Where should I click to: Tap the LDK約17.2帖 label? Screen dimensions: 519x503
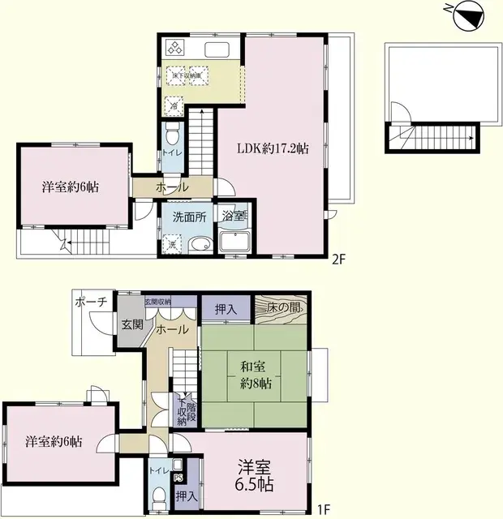[273, 148]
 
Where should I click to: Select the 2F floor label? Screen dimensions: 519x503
[338, 260]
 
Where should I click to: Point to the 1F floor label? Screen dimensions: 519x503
[323, 509]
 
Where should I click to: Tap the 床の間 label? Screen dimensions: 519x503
[285, 309]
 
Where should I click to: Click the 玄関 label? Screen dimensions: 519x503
[132, 324]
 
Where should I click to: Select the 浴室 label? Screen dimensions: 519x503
[234, 217]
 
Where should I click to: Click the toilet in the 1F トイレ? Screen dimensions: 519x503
[159, 497]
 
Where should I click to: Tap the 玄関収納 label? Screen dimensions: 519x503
[158, 302]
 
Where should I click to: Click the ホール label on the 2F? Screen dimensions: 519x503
[173, 187]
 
